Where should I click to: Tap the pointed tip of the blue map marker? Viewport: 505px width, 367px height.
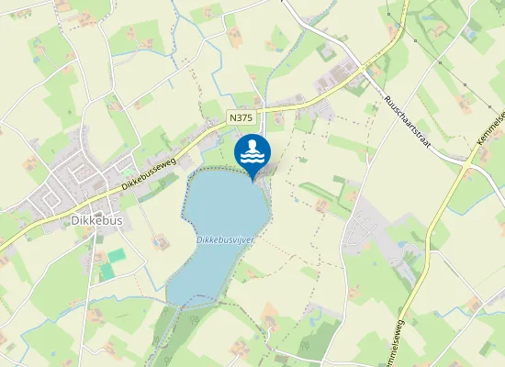(252, 180)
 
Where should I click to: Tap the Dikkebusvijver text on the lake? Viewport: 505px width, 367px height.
(225, 239)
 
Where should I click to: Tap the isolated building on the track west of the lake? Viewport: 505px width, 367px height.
(161, 241)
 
